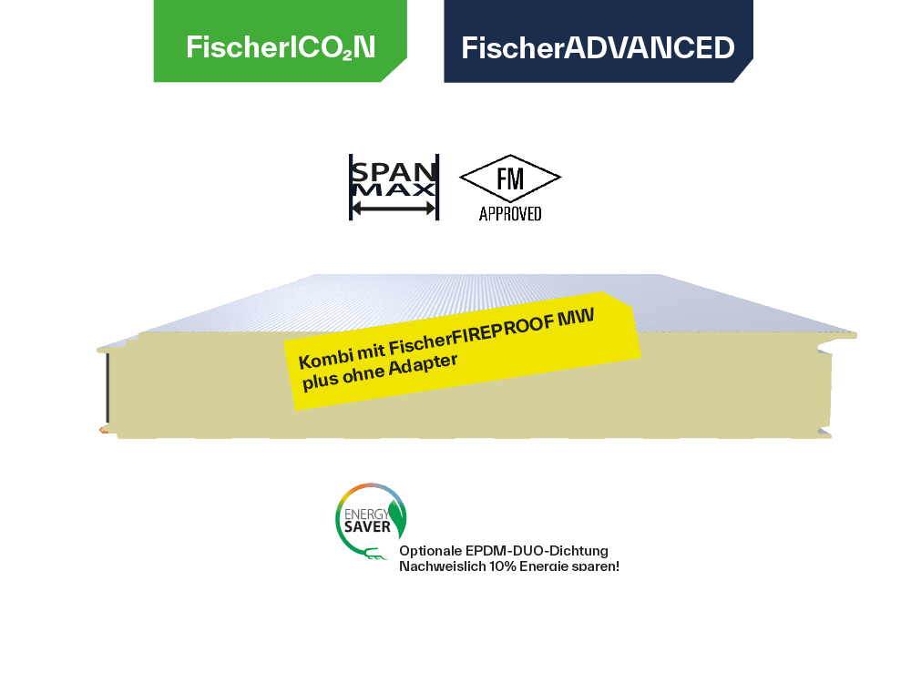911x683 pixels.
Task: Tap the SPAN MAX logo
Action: tap(394, 187)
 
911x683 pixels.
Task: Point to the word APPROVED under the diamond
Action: tap(510, 215)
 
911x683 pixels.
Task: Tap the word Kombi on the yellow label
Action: tap(322, 358)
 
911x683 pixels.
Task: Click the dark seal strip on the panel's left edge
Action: tap(107, 387)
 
